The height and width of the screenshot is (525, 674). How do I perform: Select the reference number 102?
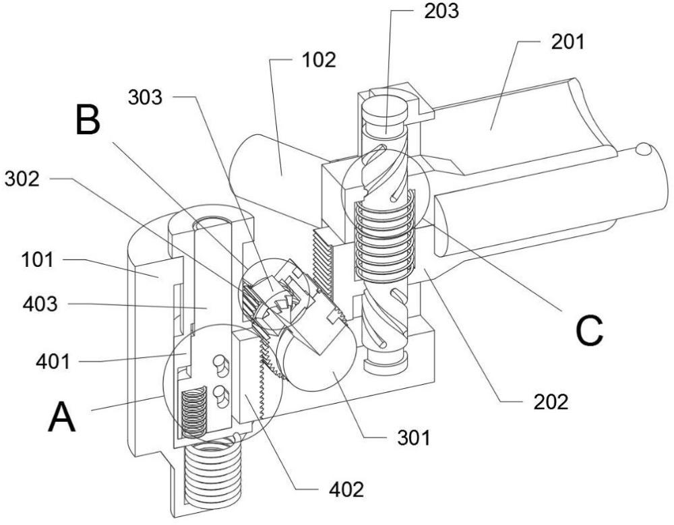click(x=319, y=60)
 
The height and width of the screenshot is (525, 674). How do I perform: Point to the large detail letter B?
click(x=89, y=122)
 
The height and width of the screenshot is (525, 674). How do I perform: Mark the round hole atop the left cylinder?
click(x=211, y=222)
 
